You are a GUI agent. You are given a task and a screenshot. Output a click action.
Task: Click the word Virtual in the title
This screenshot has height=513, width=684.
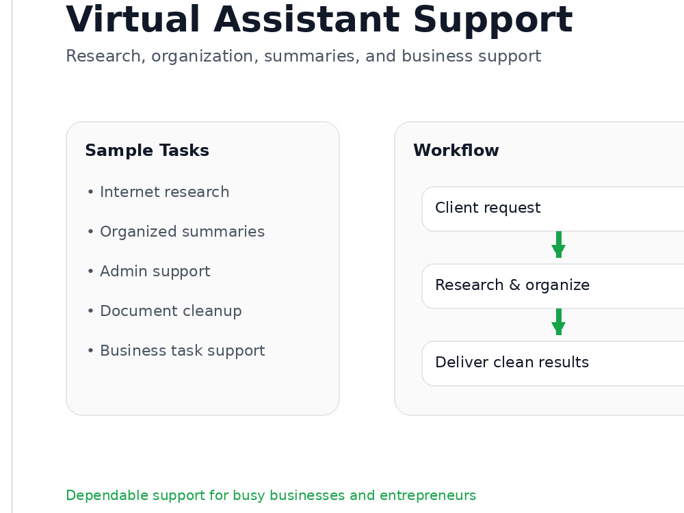[x=133, y=19]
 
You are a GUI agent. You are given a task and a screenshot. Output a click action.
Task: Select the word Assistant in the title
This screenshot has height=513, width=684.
[x=306, y=19]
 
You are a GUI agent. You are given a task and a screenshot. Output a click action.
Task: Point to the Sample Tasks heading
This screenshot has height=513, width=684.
[x=147, y=150]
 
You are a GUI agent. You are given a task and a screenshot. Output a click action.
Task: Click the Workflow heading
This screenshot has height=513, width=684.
[x=456, y=150]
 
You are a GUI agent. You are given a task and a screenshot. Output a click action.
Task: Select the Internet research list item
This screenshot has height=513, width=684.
[x=164, y=192]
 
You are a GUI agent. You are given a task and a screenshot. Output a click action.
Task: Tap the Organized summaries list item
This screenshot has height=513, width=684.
[x=183, y=232]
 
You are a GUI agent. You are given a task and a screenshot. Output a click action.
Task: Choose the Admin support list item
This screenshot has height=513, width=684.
[x=155, y=272]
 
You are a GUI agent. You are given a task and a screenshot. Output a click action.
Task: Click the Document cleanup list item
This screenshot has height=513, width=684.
[x=170, y=311]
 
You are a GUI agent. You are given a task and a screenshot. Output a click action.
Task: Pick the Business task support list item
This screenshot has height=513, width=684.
[x=183, y=351]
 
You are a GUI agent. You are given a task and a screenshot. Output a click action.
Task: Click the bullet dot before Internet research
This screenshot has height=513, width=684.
[x=90, y=192]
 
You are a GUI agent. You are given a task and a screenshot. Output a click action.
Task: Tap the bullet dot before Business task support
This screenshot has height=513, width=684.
[x=90, y=351]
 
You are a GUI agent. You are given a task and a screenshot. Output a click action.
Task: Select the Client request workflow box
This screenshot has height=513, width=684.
[x=553, y=209]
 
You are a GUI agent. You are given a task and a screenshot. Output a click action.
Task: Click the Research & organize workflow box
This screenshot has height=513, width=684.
[x=553, y=286]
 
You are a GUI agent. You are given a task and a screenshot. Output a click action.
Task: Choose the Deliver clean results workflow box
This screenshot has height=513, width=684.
[x=553, y=363]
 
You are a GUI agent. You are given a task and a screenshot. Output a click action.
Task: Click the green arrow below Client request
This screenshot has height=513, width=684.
[x=558, y=245]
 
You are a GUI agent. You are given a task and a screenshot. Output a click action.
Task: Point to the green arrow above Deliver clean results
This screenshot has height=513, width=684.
[x=558, y=322]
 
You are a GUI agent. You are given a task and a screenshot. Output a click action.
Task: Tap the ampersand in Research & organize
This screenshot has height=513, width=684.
[x=515, y=285]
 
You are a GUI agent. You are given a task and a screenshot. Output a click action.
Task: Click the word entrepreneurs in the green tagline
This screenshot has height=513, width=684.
[x=428, y=495]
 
